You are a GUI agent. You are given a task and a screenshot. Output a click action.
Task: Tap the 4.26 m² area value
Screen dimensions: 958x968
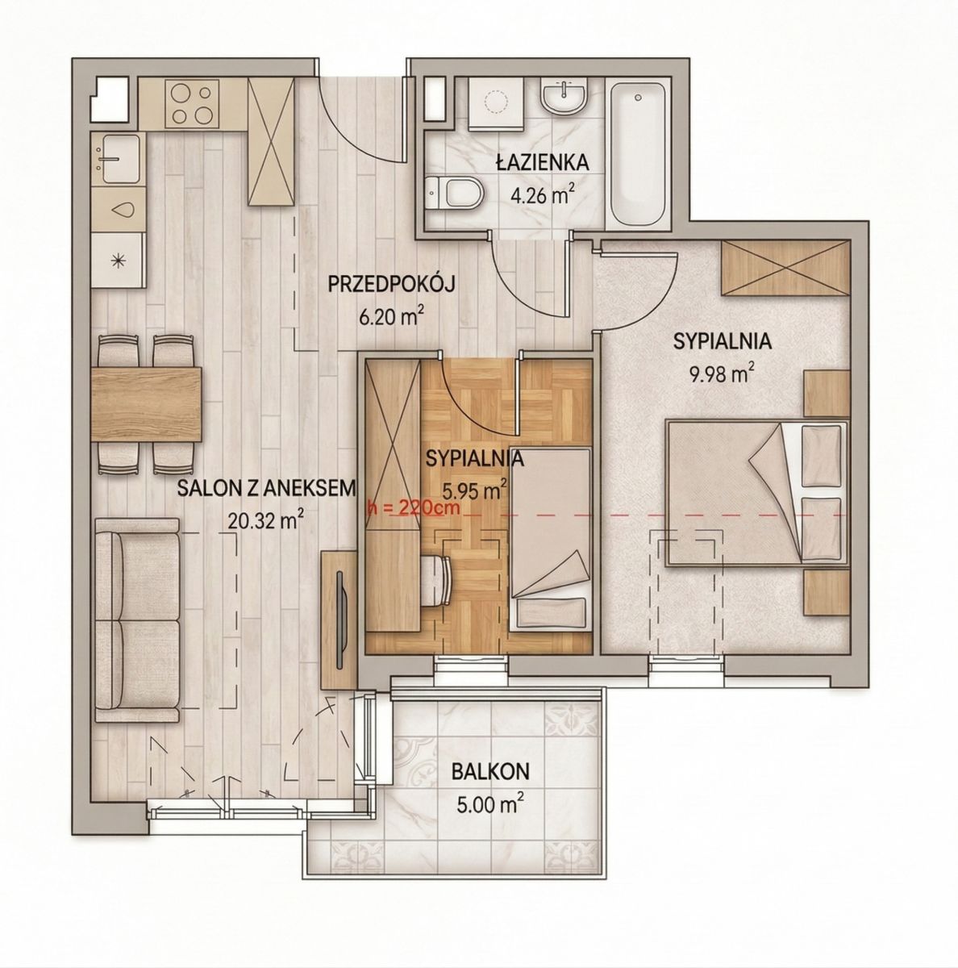(x=543, y=194)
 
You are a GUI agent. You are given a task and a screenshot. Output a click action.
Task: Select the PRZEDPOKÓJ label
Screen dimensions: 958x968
(x=391, y=285)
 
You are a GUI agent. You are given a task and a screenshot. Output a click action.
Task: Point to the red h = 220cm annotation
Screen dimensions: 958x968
(x=414, y=508)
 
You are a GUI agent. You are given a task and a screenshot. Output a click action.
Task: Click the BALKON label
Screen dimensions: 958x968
(x=490, y=771)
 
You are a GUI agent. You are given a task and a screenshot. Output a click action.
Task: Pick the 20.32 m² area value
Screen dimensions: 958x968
(x=266, y=522)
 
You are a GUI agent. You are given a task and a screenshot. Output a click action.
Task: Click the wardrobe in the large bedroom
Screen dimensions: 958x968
(x=785, y=268)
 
